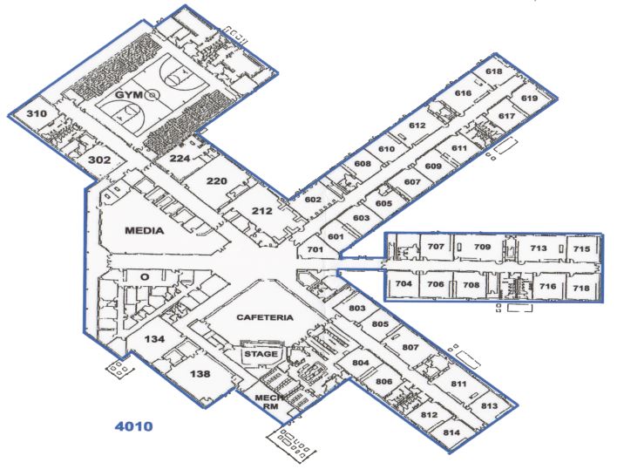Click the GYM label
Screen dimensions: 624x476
pyautogui.click(x=128, y=95)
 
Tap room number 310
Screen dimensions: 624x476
pyautogui.click(x=37, y=114)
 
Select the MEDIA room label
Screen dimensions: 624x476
pyautogui.click(x=145, y=230)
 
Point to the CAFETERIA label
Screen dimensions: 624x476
pyautogui.click(x=265, y=317)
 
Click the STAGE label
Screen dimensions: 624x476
pyautogui.click(x=261, y=354)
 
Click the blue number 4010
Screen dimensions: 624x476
pyautogui.click(x=133, y=426)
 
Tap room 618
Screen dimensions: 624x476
pyautogui.click(x=494, y=71)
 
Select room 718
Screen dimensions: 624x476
pyautogui.click(x=581, y=288)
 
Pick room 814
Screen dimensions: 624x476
pyautogui.click(x=451, y=432)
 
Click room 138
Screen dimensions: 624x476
pyautogui.click(x=200, y=374)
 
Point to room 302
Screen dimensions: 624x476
pyautogui.click(x=99, y=160)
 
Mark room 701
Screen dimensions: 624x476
pyautogui.click(x=315, y=249)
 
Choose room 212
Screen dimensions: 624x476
pyautogui.click(x=262, y=211)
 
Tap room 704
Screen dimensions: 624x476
pyautogui.click(x=404, y=284)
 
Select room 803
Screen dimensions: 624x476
pyautogui.click(x=357, y=308)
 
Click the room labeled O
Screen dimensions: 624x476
pyautogui.click(x=145, y=277)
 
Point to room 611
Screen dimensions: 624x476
pyautogui.click(x=458, y=148)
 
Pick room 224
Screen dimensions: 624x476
pyautogui.click(x=180, y=159)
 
